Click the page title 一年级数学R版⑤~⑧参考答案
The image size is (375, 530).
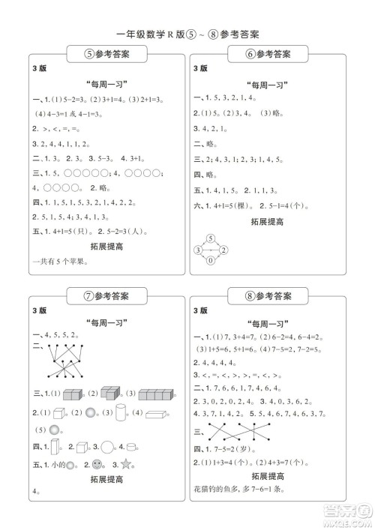(188, 34)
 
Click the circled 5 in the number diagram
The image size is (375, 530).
(211, 239)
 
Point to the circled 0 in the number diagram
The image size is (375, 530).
(211, 261)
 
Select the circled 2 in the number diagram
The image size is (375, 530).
(223, 250)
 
